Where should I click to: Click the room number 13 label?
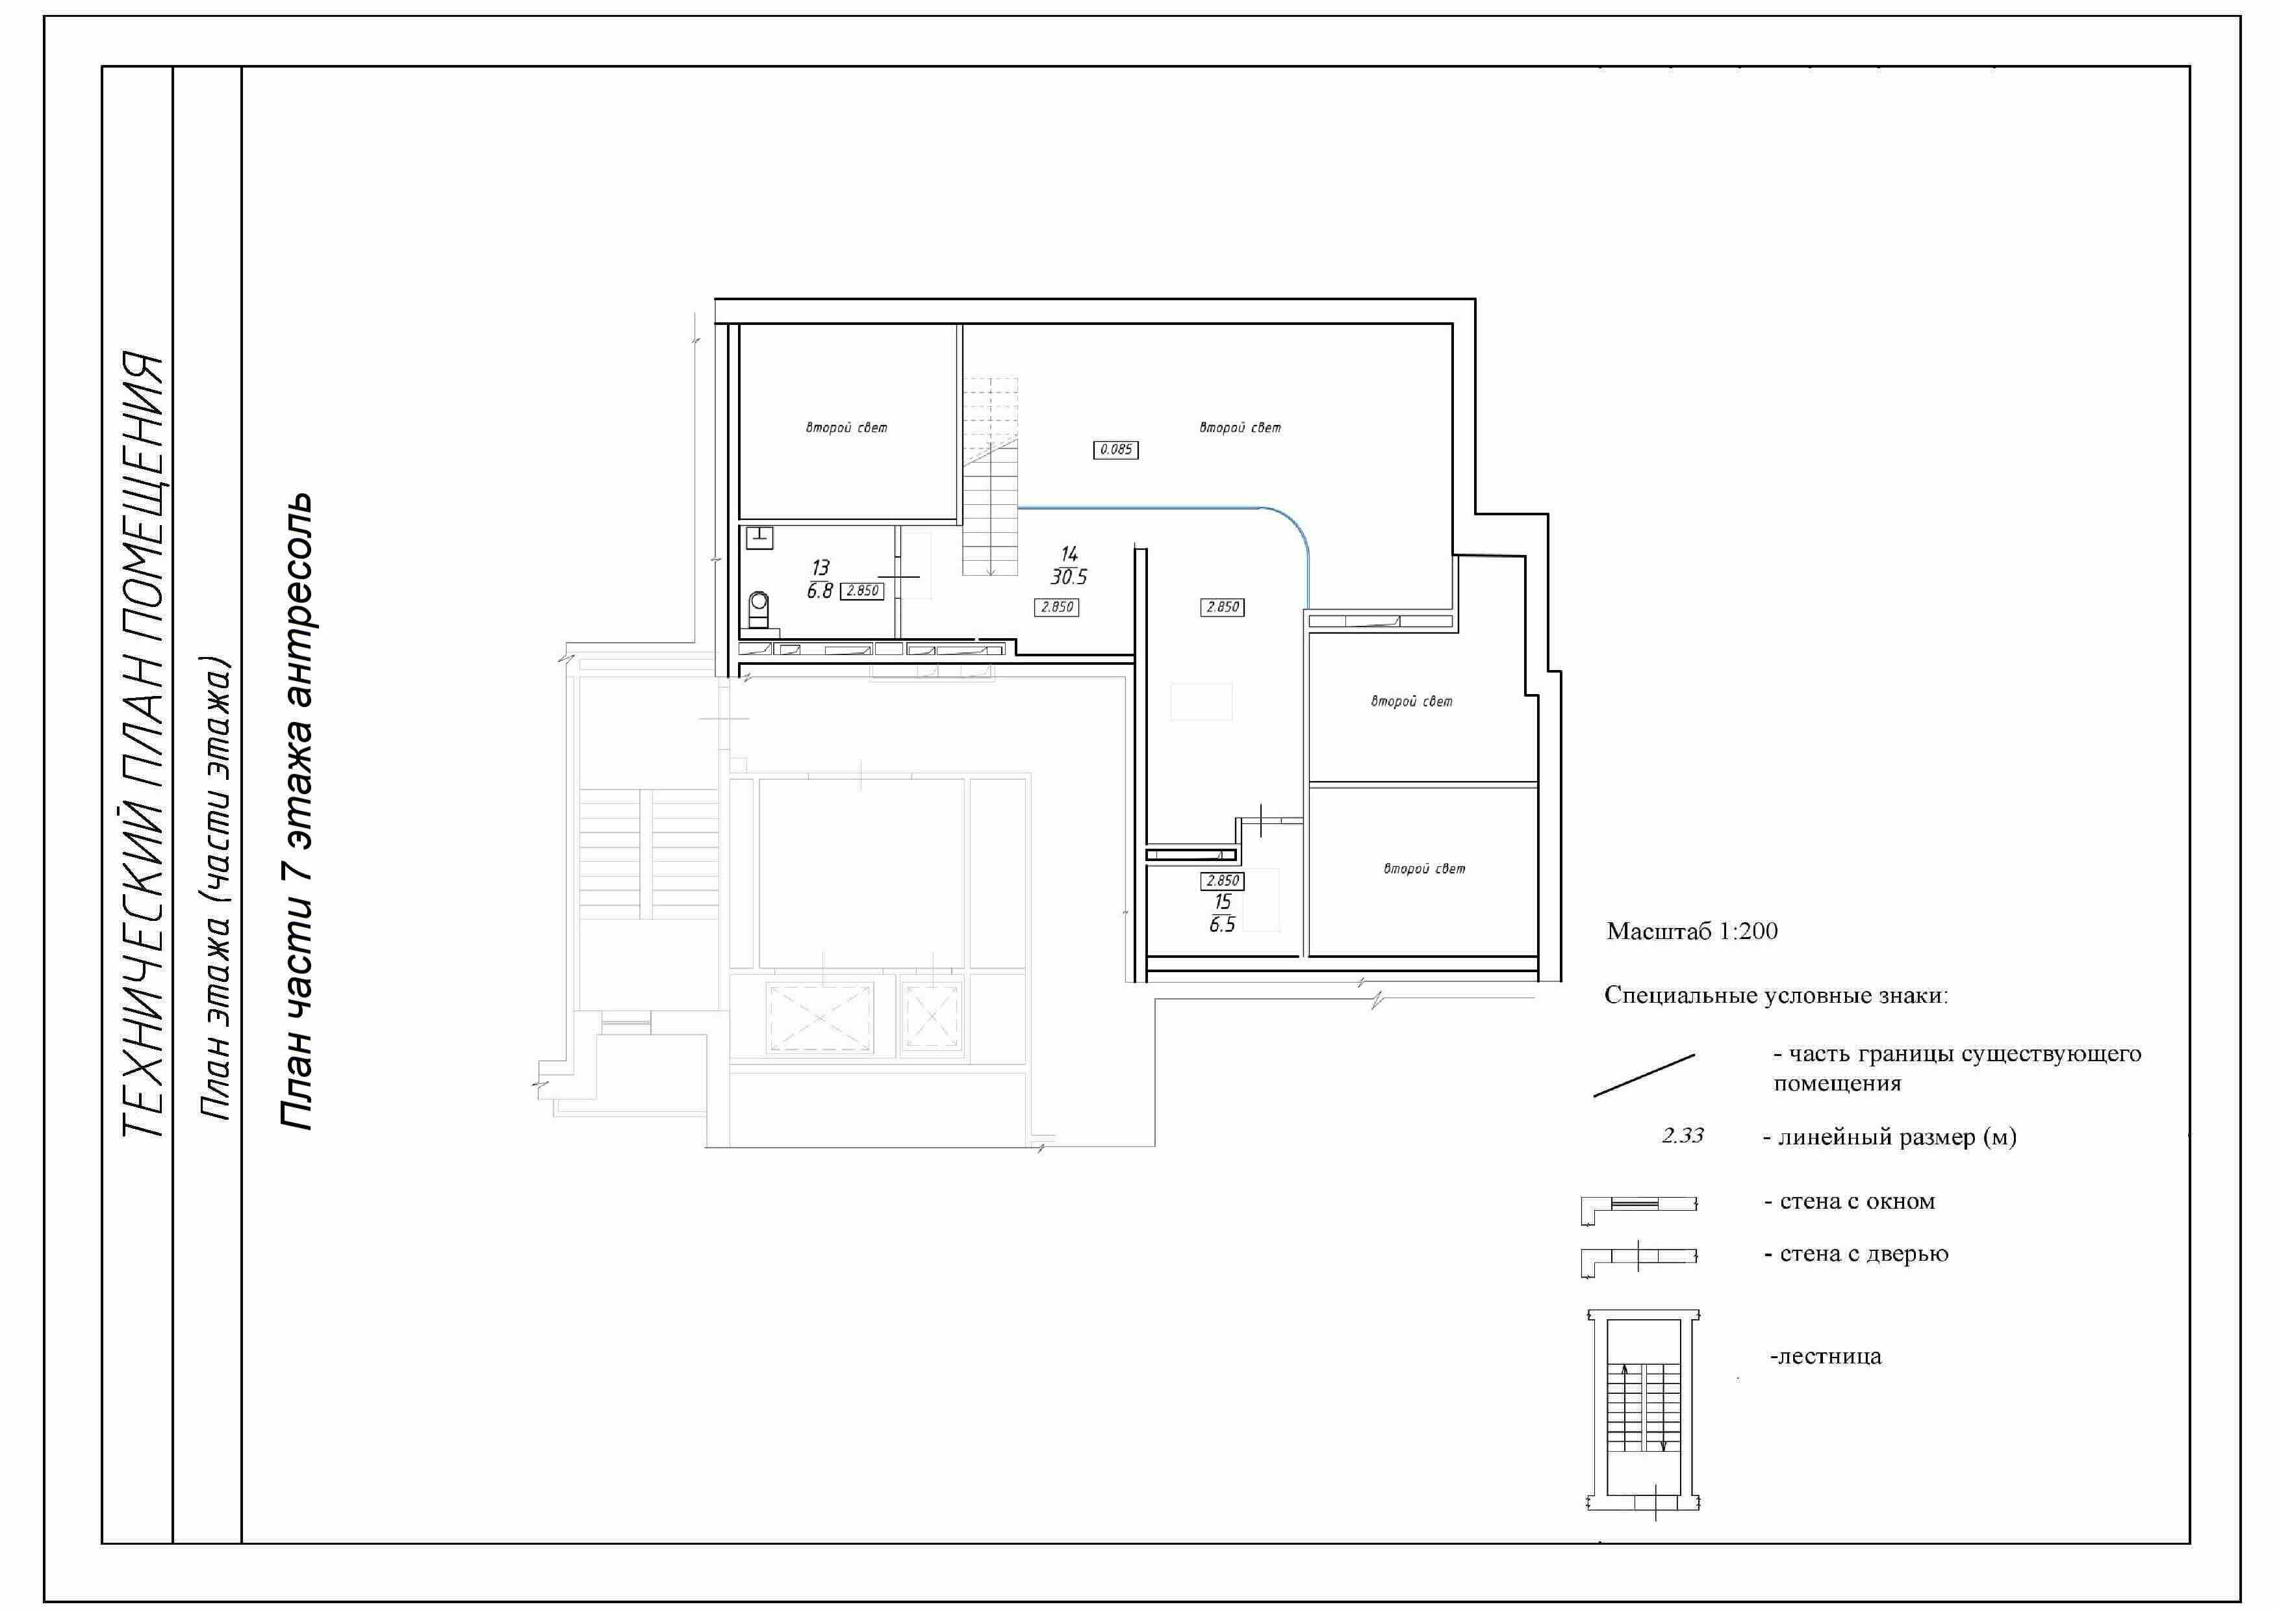(x=820, y=568)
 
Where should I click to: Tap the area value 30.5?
(x=1069, y=576)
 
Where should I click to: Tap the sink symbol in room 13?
(x=759, y=538)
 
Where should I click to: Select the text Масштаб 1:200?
(x=1691, y=931)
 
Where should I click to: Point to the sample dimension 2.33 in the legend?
(x=1683, y=1135)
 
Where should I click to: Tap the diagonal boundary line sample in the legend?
(x=1644, y=1075)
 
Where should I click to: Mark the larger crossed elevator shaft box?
(x=820, y=1018)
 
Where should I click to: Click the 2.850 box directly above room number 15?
(x=1222, y=881)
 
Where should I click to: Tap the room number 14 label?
(x=1069, y=554)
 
